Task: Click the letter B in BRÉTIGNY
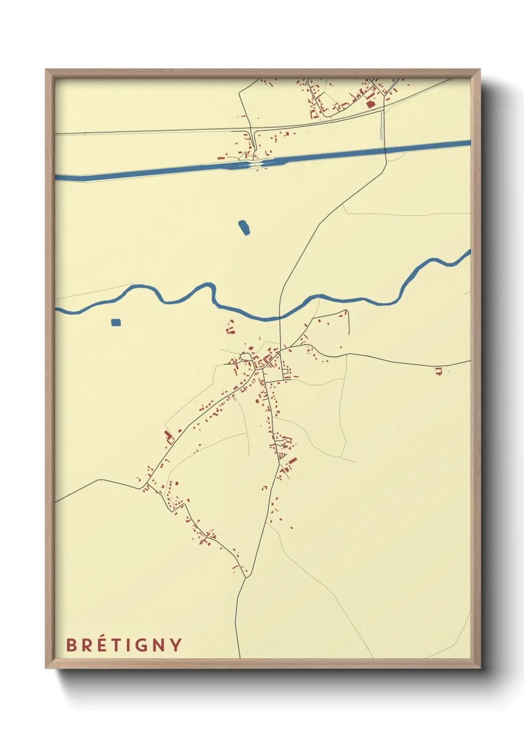tap(71, 645)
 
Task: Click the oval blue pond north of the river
tap(244, 227)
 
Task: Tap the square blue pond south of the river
tap(116, 322)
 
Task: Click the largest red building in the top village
tap(369, 104)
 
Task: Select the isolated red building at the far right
tap(438, 371)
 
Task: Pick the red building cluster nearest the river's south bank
tap(230, 327)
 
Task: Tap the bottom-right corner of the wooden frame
tap(479, 668)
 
